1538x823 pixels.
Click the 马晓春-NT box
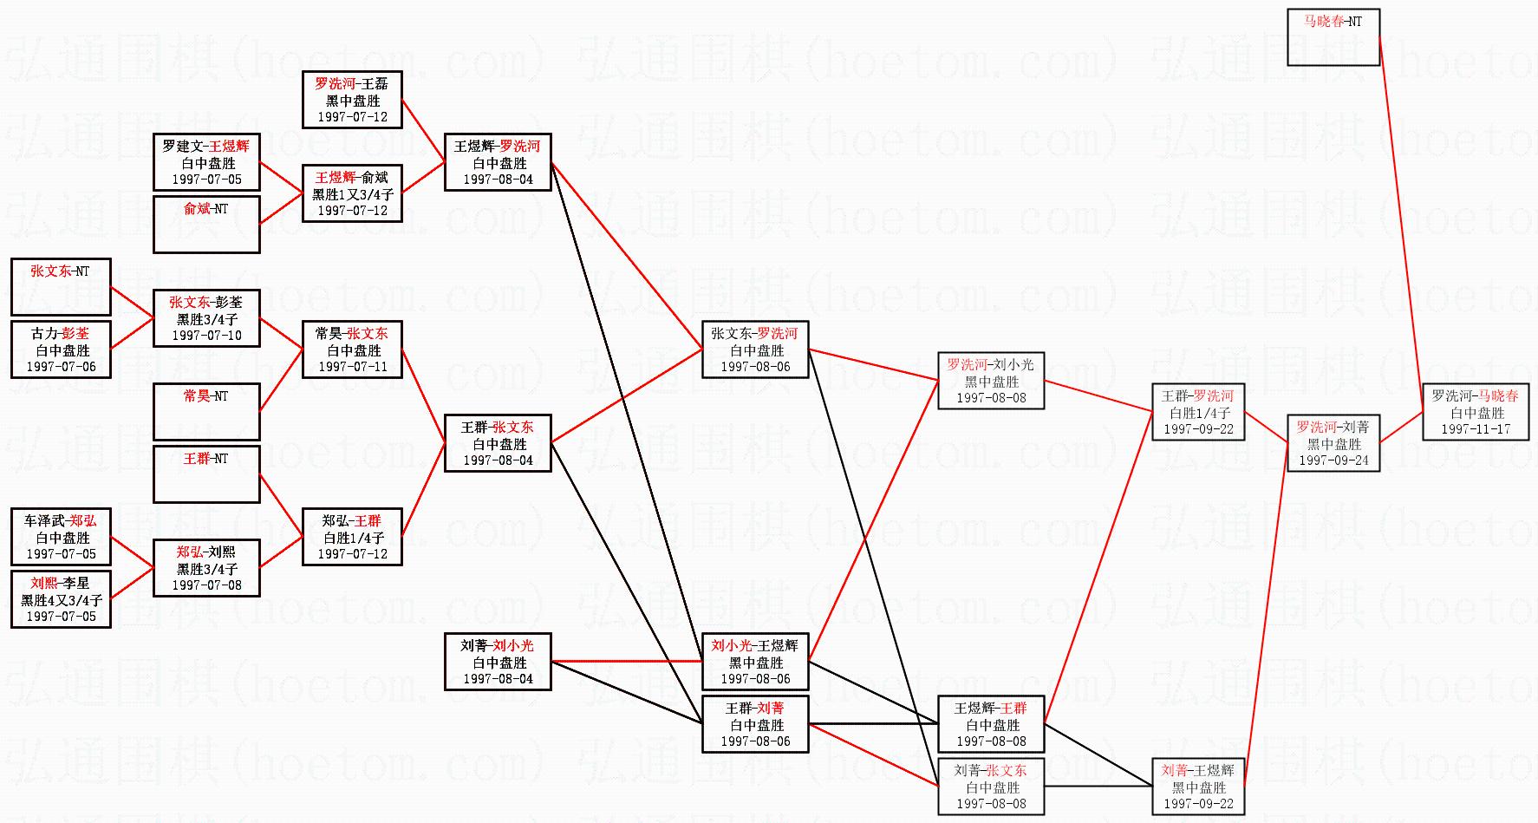[x=1333, y=37]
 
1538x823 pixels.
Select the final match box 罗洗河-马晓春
[x=1475, y=413]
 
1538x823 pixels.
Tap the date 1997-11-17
[x=1475, y=429]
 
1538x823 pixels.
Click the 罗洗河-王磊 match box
[x=352, y=100]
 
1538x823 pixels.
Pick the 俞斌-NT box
[x=206, y=225]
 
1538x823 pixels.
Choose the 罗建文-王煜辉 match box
[x=206, y=162]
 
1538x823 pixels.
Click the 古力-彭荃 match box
[x=61, y=349]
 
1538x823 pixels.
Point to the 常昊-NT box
[x=206, y=412]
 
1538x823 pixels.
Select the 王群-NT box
[x=206, y=474]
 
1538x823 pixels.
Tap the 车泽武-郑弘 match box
[x=61, y=537]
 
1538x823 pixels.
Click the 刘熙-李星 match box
[x=61, y=599]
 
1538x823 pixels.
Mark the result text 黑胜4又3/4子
[x=61, y=600]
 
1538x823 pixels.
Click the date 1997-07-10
[x=206, y=336]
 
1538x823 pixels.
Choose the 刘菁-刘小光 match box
[x=498, y=662]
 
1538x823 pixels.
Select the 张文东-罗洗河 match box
[x=754, y=349]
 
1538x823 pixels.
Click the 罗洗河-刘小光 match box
[x=990, y=381]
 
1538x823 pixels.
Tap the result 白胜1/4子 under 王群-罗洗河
[x=1199, y=414]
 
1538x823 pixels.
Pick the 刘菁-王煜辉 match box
[x=1198, y=787]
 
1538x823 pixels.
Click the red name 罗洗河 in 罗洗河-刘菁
[x=1316, y=428]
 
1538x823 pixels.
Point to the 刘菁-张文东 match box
[x=990, y=787]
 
